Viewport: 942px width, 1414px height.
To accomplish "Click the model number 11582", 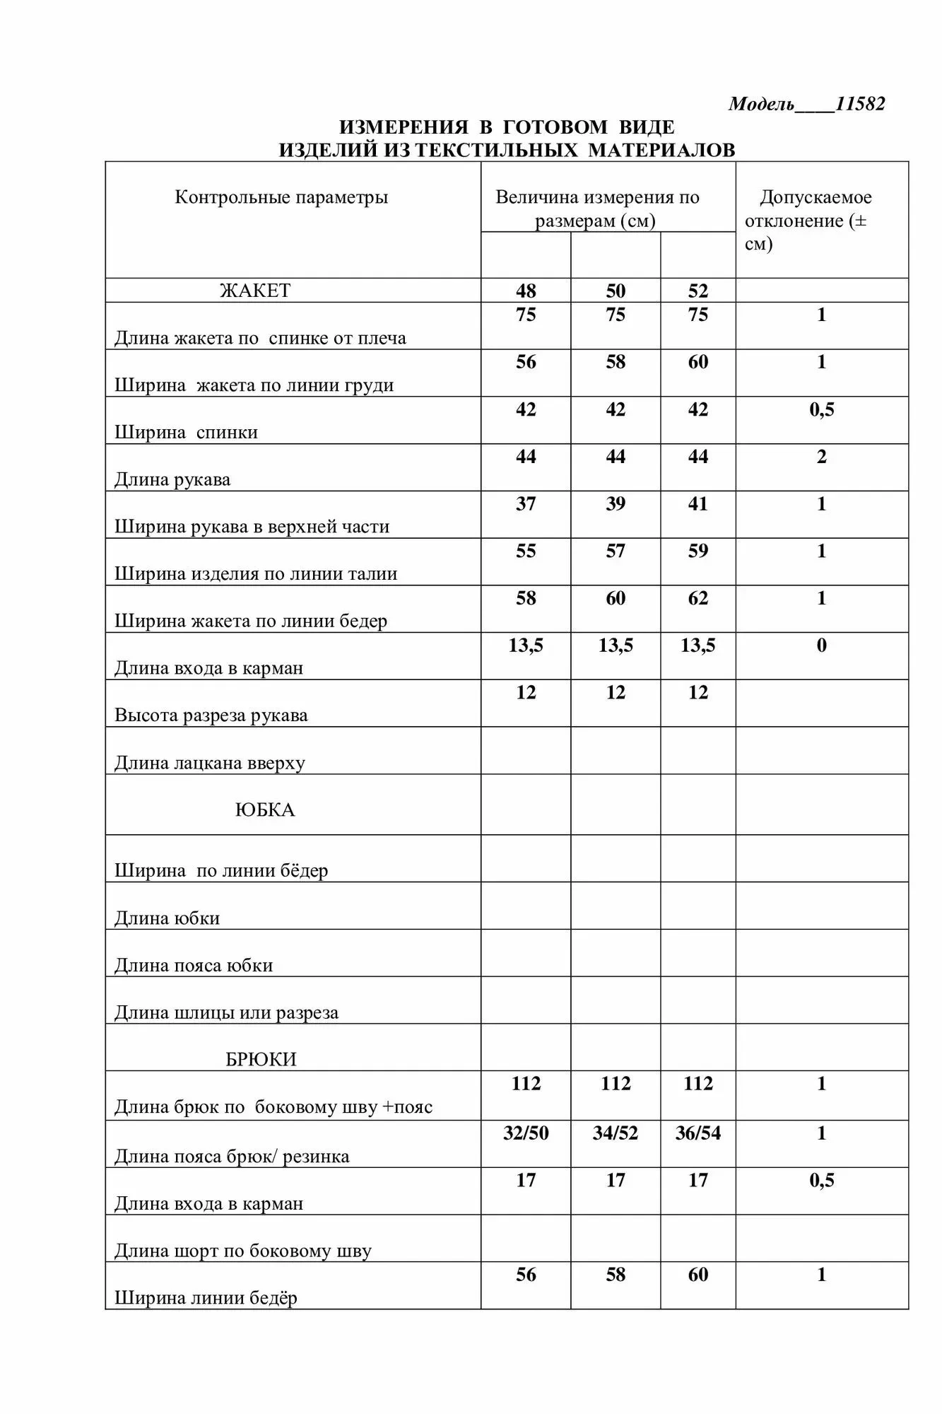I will (859, 104).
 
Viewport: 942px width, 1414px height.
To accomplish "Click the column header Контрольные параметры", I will (281, 197).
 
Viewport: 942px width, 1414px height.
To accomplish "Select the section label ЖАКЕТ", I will (255, 291).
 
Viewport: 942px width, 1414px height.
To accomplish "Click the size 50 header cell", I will (616, 291).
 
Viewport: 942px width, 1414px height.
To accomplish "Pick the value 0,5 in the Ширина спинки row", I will (822, 409).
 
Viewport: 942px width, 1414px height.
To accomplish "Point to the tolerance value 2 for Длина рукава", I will (822, 457).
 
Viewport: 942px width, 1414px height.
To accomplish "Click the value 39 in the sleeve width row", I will (616, 504).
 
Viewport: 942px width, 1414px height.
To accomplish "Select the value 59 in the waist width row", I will (698, 551).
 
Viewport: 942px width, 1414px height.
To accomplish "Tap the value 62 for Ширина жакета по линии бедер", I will (698, 599).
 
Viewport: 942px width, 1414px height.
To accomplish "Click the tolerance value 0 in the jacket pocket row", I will (822, 645).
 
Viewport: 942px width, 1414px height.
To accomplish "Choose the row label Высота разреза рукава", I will (211, 715).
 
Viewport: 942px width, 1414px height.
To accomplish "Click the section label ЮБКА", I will (265, 810).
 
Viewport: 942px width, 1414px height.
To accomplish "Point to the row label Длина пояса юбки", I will (194, 966).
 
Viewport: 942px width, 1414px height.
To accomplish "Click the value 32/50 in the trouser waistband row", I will (526, 1133).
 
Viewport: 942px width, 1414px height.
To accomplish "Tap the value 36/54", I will (698, 1133).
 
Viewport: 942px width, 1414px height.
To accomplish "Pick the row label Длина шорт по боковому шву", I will (243, 1251).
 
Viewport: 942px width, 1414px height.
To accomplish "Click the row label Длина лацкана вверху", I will (210, 764).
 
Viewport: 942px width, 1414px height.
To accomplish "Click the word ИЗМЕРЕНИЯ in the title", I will (404, 127).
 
